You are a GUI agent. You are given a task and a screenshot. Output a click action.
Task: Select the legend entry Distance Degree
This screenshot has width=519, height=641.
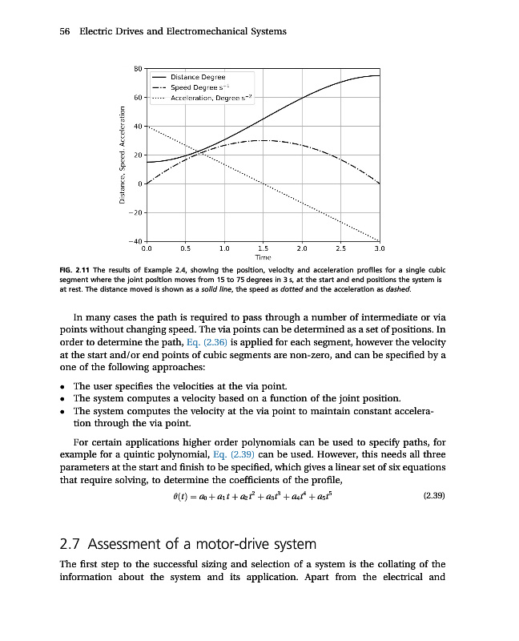tap(197, 76)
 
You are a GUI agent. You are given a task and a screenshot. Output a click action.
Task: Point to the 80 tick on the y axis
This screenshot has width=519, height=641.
tap(137, 69)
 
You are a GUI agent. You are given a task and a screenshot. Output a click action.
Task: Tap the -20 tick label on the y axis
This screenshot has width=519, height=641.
tap(135, 212)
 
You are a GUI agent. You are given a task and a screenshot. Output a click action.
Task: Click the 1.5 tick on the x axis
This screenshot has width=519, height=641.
tap(264, 248)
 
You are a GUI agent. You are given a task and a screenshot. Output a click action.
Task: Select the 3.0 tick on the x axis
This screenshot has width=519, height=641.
tap(380, 248)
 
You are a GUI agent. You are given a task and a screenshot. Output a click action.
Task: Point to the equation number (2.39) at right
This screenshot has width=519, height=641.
tap(433, 495)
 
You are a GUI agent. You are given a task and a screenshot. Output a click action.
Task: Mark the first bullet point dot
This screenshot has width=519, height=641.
tap(62, 386)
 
